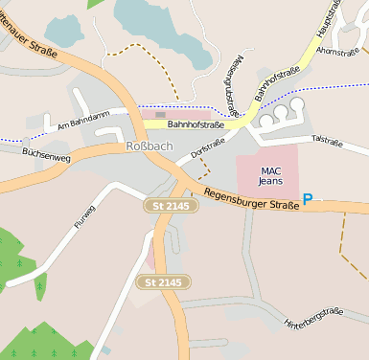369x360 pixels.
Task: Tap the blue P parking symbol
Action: [x=308, y=199]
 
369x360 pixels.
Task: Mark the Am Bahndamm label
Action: [x=79, y=124]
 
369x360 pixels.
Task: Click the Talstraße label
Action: [x=326, y=141]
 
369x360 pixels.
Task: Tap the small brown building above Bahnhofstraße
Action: [x=160, y=114]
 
